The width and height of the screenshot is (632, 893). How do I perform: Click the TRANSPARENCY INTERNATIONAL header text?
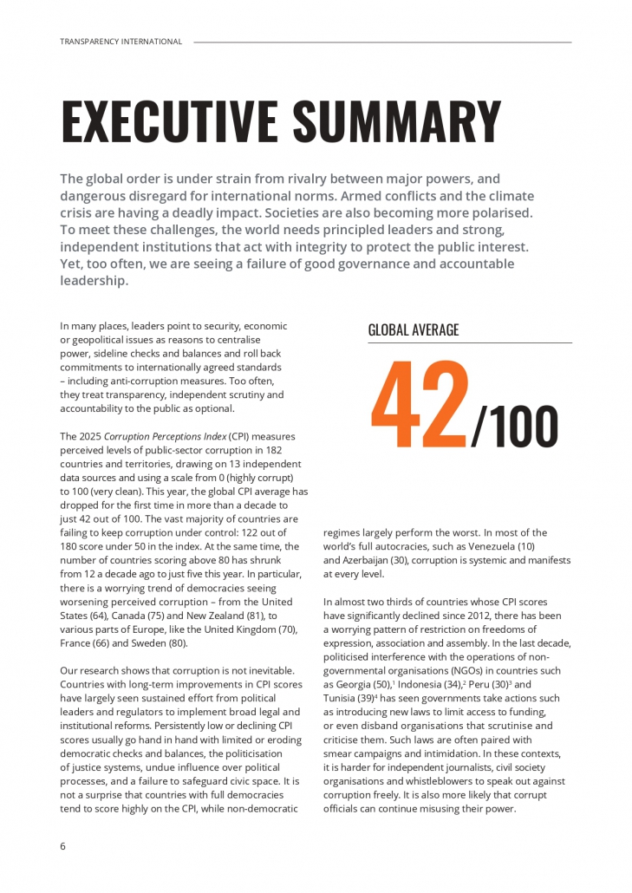pos(121,42)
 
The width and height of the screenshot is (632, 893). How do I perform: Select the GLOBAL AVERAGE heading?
pos(414,330)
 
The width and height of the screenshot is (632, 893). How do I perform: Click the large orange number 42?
pos(420,406)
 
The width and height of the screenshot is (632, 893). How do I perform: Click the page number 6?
pos(62,846)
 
